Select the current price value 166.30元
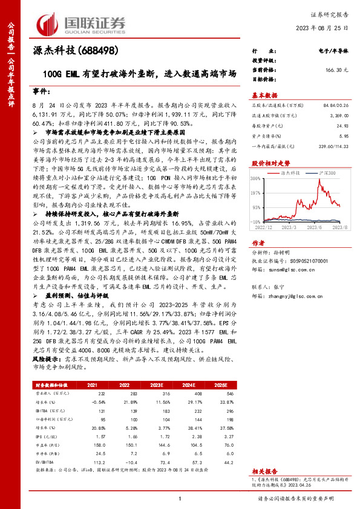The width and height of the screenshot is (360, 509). coord(338,70)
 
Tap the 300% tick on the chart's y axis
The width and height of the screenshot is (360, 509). coord(255,179)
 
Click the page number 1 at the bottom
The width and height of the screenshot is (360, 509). coord(180,499)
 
